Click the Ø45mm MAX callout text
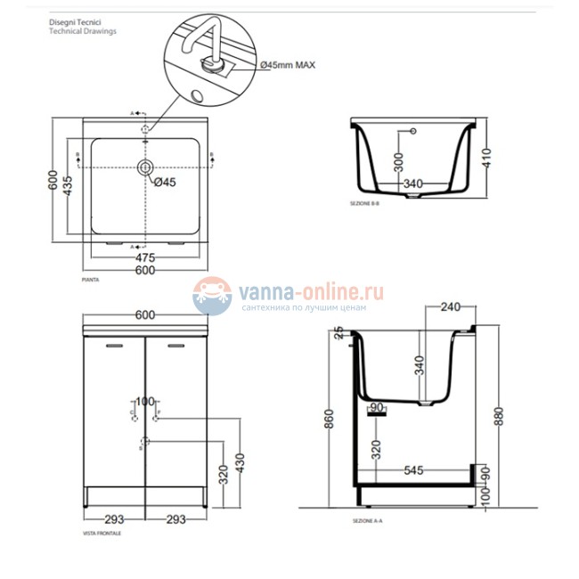(x=288, y=65)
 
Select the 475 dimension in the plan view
(x=145, y=257)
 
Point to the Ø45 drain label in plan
(x=165, y=183)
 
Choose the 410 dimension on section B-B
(x=486, y=160)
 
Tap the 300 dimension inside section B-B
(x=399, y=161)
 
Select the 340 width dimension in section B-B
(x=412, y=184)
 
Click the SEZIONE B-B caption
(x=365, y=205)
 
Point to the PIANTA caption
(x=89, y=280)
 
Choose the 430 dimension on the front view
(x=238, y=464)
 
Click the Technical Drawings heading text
(x=82, y=30)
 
